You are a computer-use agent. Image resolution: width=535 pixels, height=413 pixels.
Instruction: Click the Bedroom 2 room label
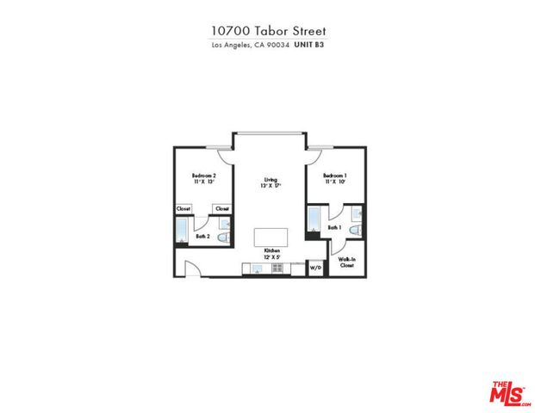point(202,175)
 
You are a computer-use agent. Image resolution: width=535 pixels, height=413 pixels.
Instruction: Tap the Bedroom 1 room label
point(334,175)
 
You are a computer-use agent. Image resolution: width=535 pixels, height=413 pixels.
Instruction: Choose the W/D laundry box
point(315,269)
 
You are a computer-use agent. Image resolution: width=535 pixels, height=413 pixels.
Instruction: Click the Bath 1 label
point(334,227)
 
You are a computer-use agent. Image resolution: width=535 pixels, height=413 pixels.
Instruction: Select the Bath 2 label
point(203,236)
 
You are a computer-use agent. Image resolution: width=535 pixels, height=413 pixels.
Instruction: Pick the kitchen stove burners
point(277,268)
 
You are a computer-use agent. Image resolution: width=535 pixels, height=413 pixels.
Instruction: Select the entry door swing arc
point(194,268)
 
